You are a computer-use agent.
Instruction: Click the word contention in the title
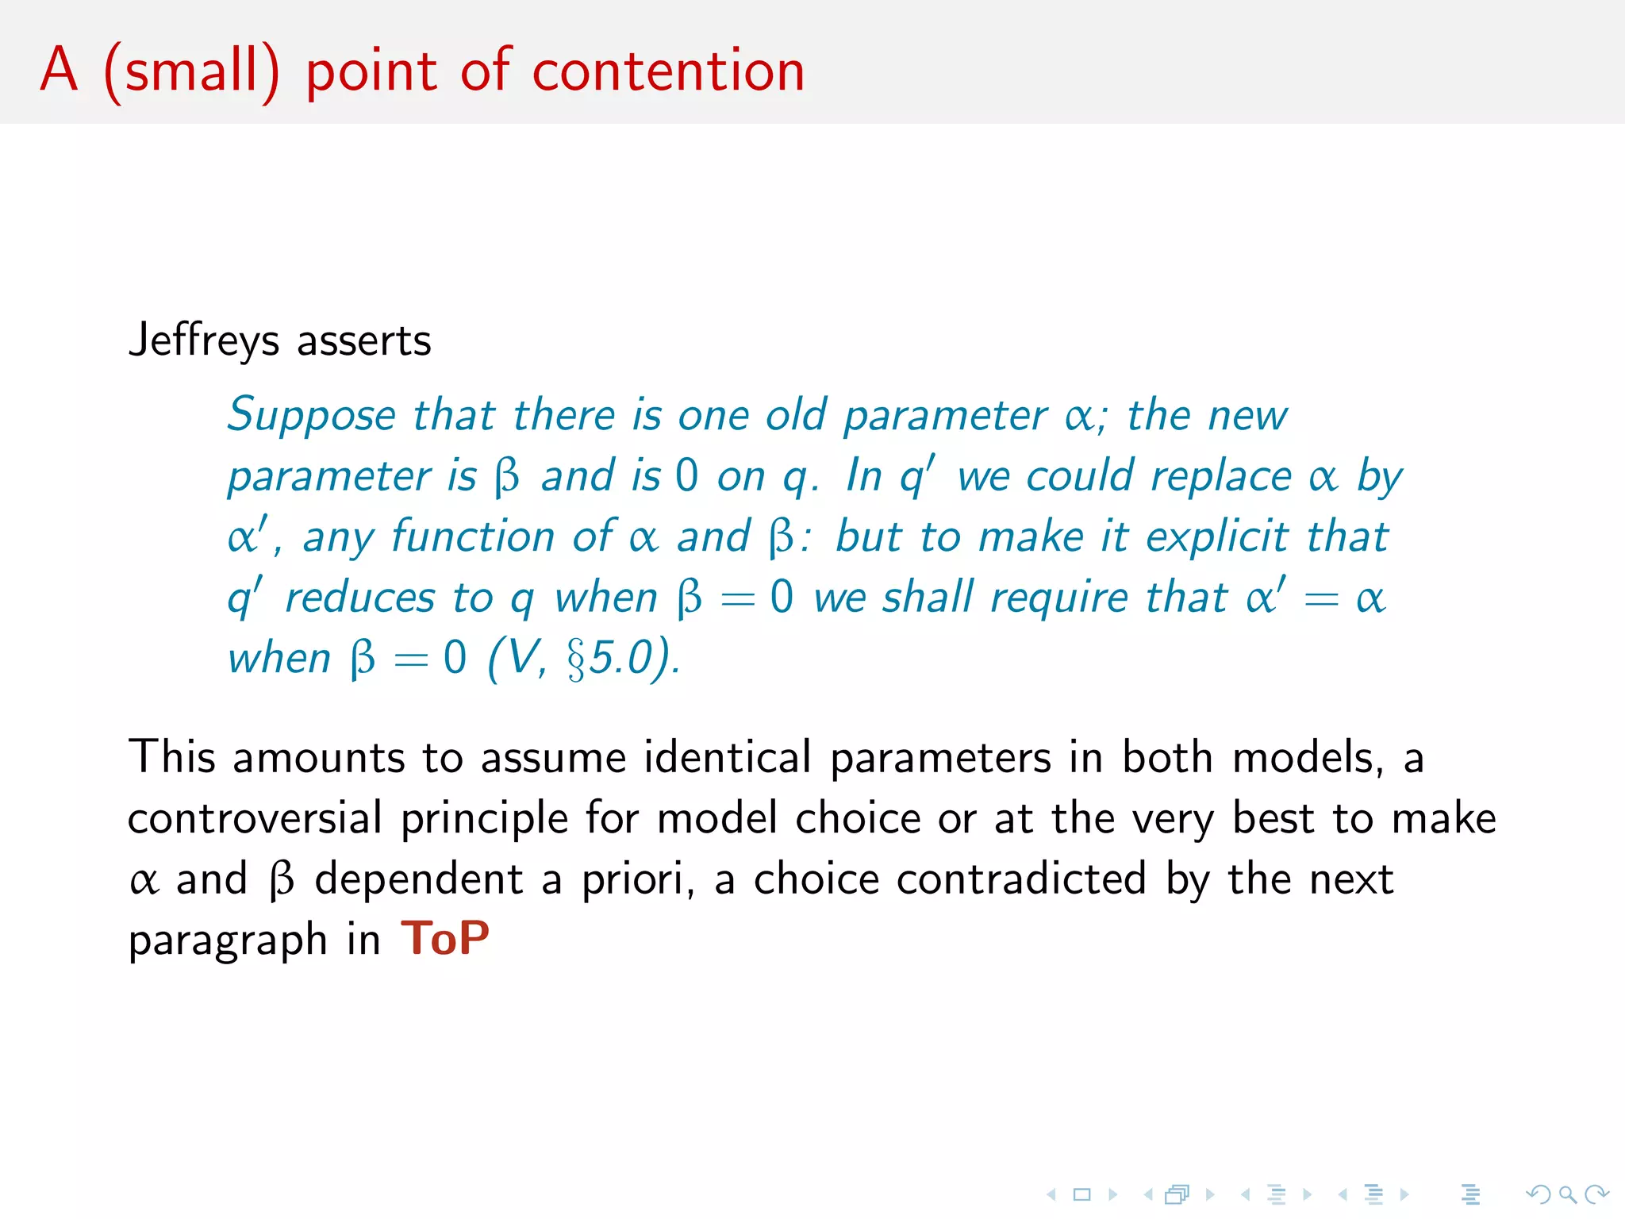668,71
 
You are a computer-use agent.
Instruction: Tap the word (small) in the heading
192,73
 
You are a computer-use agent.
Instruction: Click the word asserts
364,341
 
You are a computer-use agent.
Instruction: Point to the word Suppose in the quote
311,416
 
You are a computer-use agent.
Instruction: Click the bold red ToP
445,938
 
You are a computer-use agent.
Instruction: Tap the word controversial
255,818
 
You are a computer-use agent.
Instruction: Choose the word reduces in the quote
360,598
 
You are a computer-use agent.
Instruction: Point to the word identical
727,757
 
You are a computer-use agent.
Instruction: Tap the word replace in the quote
1222,477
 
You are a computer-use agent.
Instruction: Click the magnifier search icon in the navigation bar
1567,1194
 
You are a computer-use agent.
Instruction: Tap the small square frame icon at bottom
1082,1194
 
